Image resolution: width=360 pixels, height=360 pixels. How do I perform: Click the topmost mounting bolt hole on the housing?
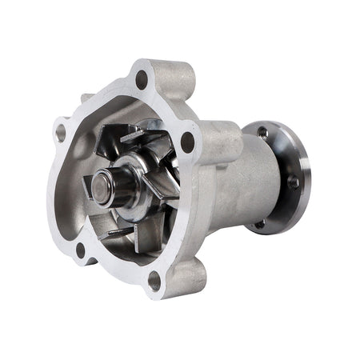[x=142, y=78]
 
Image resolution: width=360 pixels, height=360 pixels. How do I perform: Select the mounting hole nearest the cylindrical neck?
[x=187, y=142]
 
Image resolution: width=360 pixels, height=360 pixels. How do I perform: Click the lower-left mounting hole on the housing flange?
[x=80, y=250]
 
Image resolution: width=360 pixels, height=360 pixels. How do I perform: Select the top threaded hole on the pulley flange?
[x=262, y=131]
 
